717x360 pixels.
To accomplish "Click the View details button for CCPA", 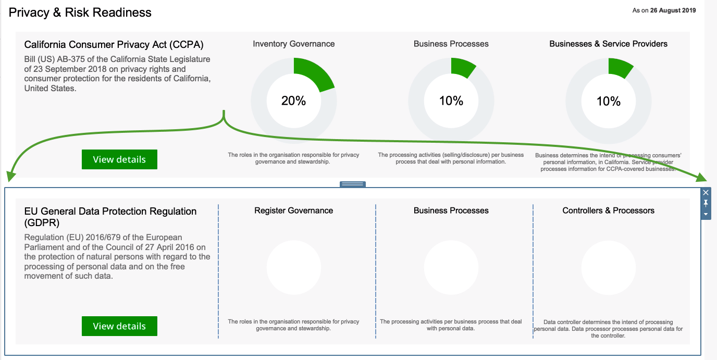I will [119, 159].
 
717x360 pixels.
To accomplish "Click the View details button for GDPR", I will [119, 326].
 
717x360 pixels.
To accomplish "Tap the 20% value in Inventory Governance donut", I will [294, 101].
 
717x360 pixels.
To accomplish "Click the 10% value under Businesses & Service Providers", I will [609, 101].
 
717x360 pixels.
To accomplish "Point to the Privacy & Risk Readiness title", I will [80, 13].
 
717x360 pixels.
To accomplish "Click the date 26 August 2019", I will [673, 10].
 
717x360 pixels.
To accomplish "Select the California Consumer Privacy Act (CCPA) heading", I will [114, 44].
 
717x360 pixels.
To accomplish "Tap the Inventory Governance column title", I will [294, 44].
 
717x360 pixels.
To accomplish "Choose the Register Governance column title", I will [294, 210].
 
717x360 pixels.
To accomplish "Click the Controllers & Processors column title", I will [609, 210].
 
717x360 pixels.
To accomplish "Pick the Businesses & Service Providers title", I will [609, 44].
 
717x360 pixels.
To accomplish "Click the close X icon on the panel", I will [706, 192].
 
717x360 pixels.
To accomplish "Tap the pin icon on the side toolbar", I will [706, 203].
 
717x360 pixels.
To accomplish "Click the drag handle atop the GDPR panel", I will [353, 184].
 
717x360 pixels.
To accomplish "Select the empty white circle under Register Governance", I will [294, 267].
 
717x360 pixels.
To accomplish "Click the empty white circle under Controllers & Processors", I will [609, 267].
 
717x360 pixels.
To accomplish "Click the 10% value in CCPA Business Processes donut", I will [451, 101].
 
